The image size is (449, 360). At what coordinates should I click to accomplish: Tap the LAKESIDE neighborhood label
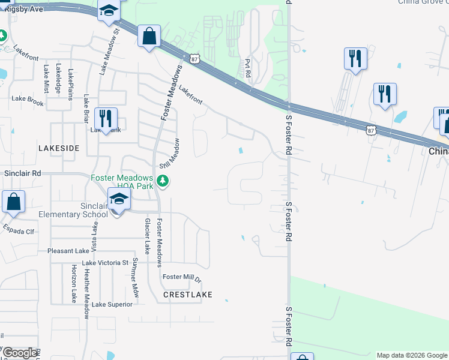pos(58,148)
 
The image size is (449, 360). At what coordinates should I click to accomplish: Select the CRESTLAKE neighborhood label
pos(188,295)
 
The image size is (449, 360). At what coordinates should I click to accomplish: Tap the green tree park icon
pos(161,181)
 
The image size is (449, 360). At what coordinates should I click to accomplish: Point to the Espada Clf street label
pos(19,229)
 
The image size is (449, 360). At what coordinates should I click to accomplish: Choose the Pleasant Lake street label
pos(68,251)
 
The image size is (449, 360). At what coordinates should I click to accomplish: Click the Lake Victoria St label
pos(105,263)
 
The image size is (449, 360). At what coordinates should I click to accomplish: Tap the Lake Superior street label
pos(112,304)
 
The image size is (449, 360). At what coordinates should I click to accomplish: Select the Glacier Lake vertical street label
pos(146,235)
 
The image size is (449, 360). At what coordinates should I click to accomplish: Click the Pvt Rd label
pos(247,71)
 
